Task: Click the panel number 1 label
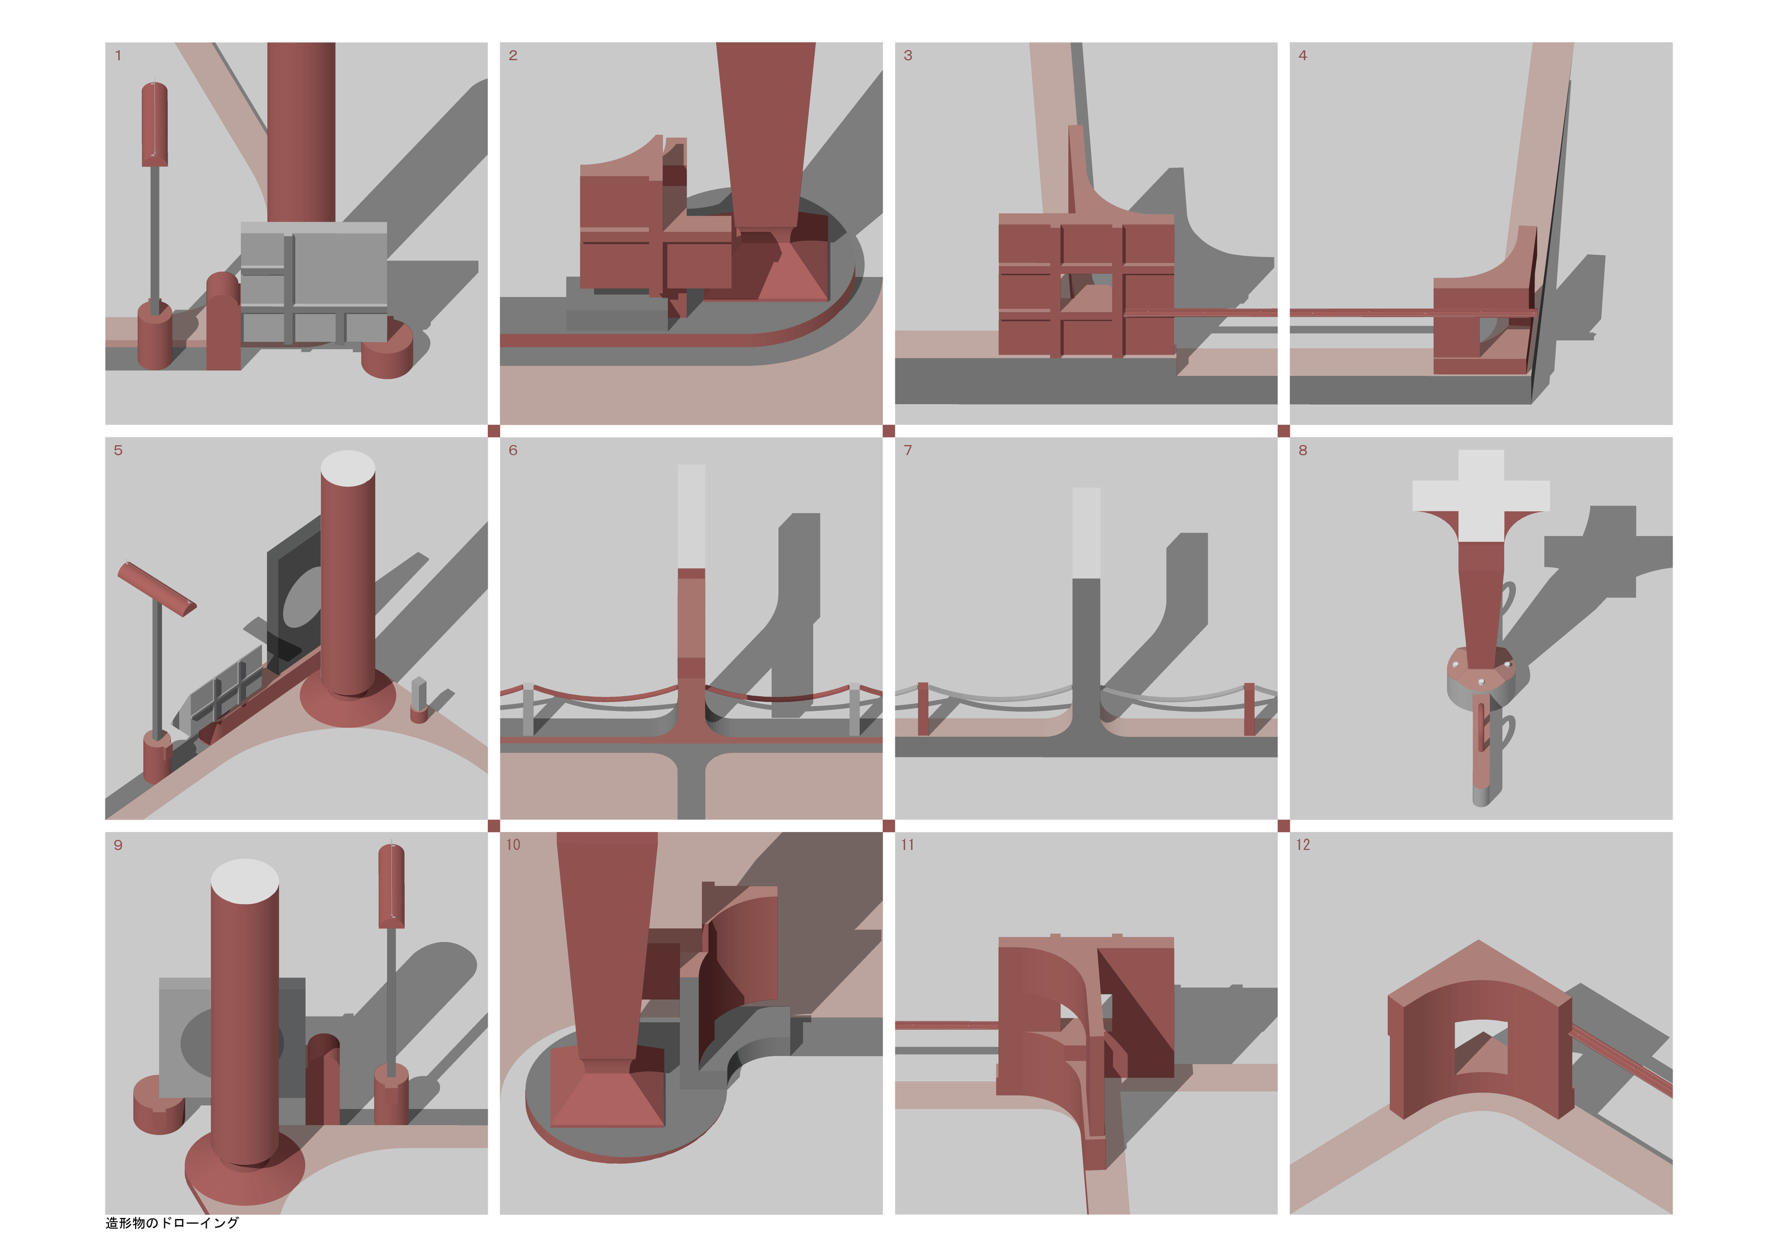118,55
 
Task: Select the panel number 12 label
1303,845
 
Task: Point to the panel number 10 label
513,845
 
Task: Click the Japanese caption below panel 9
172,1223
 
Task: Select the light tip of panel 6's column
692,517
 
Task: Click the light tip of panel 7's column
1086,533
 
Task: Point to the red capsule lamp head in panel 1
155,124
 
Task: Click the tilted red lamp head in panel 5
156,588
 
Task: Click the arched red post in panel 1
223,321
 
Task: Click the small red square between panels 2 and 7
888,431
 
